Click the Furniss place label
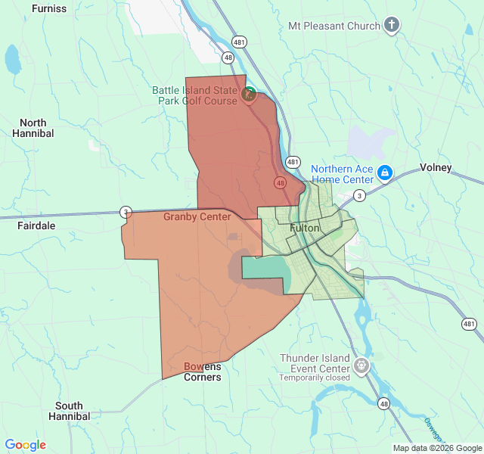click(49, 9)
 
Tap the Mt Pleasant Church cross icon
click(391, 26)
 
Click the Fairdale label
click(36, 225)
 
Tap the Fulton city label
click(305, 228)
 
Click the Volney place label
click(436, 168)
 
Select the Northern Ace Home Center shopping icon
click(384, 173)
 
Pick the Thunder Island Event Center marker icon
click(362, 366)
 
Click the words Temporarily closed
click(315, 378)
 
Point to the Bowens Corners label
click(203, 372)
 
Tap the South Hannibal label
click(69, 411)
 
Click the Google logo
click(26, 445)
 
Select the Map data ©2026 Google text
click(437, 448)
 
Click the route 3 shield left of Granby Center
click(126, 211)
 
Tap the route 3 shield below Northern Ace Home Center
click(359, 195)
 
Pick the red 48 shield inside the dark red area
click(281, 183)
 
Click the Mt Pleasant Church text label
click(334, 26)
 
